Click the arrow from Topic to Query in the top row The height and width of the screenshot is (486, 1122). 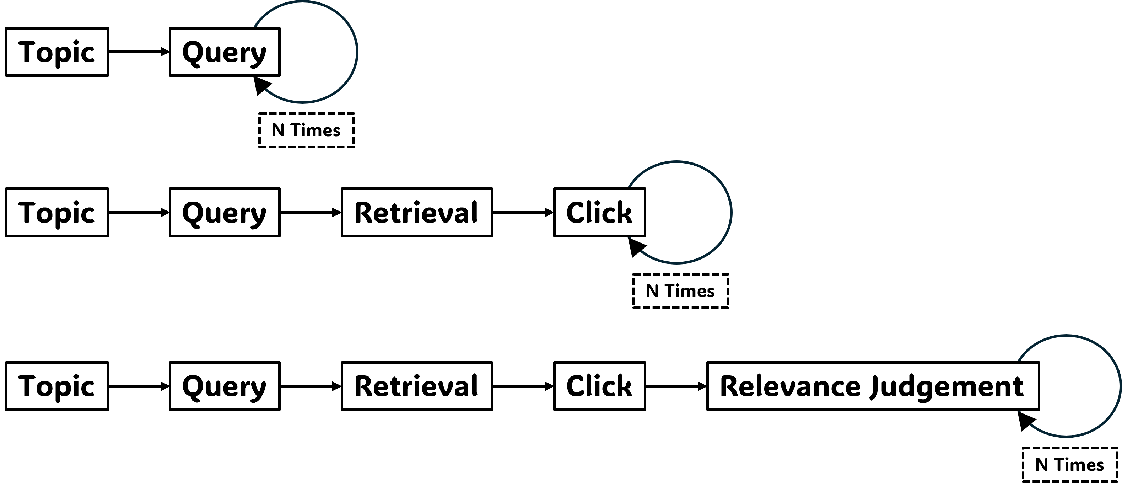pyautogui.click(x=139, y=52)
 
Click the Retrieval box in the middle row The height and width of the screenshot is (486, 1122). pyautogui.click(x=417, y=213)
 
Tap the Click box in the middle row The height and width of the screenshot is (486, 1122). pyautogui.click(x=600, y=213)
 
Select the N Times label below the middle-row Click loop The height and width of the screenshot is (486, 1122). pyautogui.click(x=681, y=291)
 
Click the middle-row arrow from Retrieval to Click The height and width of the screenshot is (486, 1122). pyautogui.click(x=523, y=213)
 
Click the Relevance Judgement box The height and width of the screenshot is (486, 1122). pyautogui.click(x=873, y=386)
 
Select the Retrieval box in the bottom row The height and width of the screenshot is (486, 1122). pyautogui.click(x=417, y=386)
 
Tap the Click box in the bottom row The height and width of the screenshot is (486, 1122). pyautogui.click(x=600, y=386)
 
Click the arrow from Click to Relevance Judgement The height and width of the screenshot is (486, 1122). pyautogui.click(x=676, y=386)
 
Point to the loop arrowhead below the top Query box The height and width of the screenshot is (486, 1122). pyautogui.click(x=262, y=85)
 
